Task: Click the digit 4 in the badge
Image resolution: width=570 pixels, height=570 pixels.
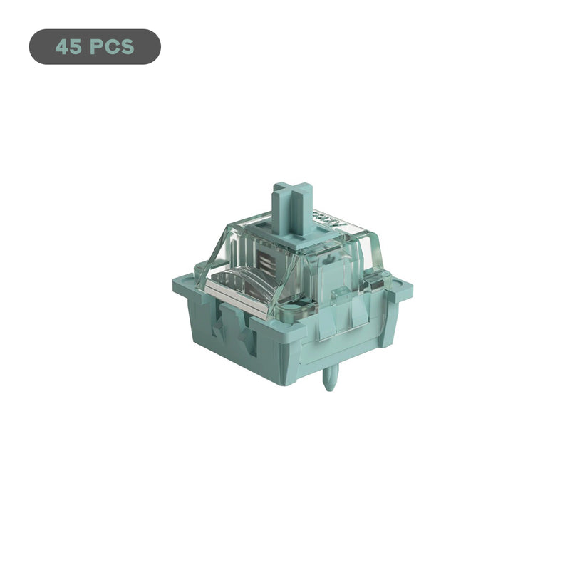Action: (x=62, y=47)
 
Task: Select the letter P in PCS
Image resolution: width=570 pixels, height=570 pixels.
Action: (x=98, y=47)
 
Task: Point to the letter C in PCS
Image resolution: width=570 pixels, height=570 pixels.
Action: (x=111, y=47)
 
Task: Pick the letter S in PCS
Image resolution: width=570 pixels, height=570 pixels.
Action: (x=126, y=47)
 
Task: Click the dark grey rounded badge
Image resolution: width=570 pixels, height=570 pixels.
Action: (x=95, y=47)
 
